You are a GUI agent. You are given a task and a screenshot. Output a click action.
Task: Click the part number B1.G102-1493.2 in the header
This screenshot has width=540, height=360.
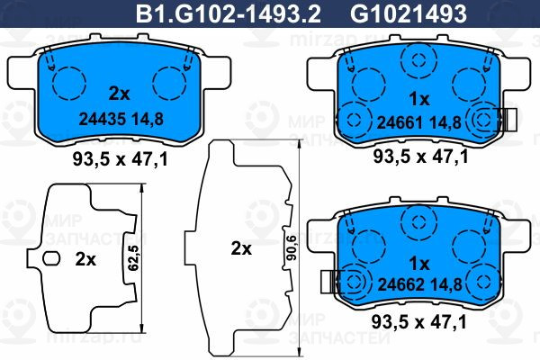click(x=229, y=14)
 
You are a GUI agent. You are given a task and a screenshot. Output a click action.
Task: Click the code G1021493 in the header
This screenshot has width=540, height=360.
click(x=409, y=14)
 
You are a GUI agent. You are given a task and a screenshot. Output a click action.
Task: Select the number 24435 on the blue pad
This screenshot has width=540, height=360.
click(x=103, y=119)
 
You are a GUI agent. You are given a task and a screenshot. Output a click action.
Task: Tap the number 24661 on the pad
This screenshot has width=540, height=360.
click(x=400, y=122)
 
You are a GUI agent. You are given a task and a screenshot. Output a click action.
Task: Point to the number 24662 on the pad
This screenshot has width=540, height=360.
click(x=401, y=284)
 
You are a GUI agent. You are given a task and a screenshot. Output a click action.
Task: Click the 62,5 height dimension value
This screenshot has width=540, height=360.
click(x=133, y=257)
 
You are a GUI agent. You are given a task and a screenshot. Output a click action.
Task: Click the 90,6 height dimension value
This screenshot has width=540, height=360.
click(x=292, y=247)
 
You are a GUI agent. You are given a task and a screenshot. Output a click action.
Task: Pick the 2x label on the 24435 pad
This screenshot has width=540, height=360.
click(x=119, y=94)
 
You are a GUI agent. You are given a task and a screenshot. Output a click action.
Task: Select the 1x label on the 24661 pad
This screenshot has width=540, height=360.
click(x=419, y=100)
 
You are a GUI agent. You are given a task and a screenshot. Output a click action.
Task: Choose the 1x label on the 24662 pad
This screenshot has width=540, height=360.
click(x=419, y=265)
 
